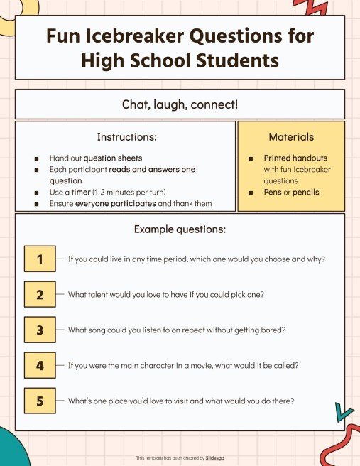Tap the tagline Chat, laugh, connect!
[180, 104]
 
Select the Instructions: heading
[126, 136]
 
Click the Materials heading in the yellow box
[291, 136]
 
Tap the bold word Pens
[274, 192]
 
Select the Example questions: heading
[180, 229]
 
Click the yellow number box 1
[40, 259]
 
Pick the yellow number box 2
[40, 294]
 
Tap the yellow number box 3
[40, 330]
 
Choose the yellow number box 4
[40, 366]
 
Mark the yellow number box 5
[40, 401]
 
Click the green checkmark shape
[344, 411]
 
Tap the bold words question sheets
[113, 158]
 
